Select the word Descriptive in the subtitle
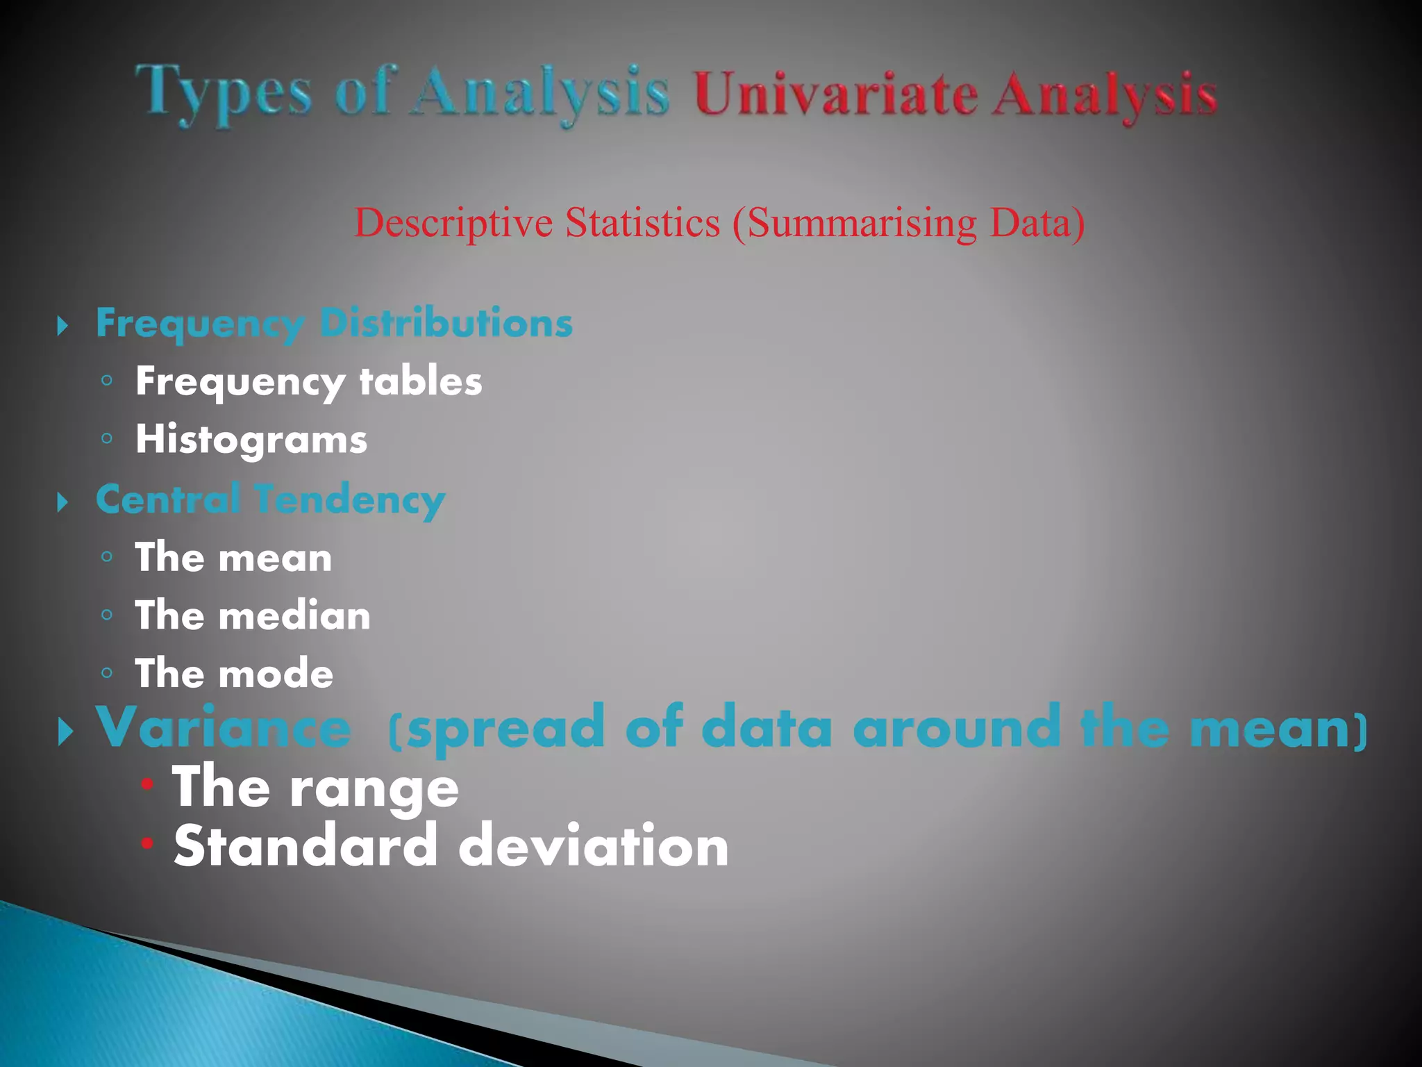(453, 223)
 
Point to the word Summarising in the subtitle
(861, 223)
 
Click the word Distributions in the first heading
(446, 323)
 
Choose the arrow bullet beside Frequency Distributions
(63, 325)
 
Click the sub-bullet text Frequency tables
(308, 381)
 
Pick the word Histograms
(251, 440)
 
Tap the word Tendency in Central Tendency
(349, 499)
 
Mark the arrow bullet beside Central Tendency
(63, 502)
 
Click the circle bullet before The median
(106, 615)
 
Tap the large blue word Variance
(224, 727)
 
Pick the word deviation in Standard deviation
(594, 846)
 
